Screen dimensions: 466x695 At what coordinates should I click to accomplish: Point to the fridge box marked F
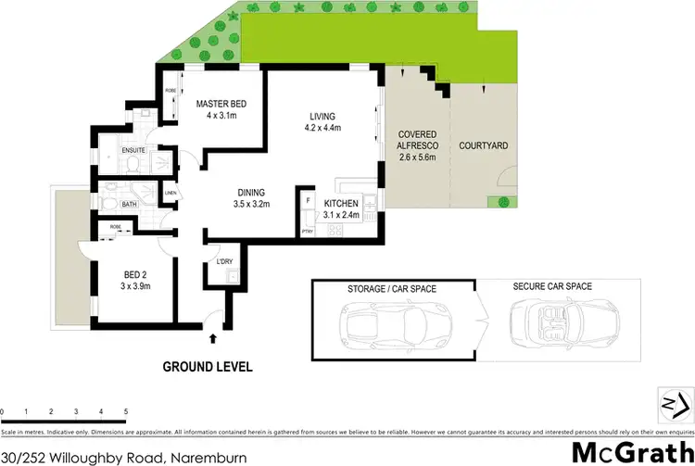(x=308, y=200)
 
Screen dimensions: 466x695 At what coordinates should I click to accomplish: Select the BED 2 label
(x=137, y=274)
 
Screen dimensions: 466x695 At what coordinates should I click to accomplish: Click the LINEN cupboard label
(x=171, y=193)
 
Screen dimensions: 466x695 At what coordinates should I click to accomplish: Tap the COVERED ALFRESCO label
(x=416, y=145)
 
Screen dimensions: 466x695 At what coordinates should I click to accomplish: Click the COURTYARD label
(x=483, y=146)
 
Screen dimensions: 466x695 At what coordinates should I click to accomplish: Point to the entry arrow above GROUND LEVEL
(x=214, y=340)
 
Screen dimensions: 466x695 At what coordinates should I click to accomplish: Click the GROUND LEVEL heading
(x=208, y=367)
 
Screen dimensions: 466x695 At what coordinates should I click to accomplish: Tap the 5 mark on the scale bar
(x=124, y=410)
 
